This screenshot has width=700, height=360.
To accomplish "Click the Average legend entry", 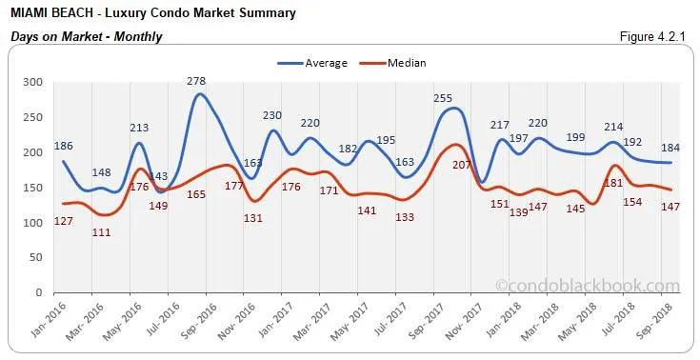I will [x=325, y=63].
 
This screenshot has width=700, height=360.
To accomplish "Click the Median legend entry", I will [x=407, y=63].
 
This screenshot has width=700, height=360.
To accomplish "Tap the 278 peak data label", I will [x=198, y=82].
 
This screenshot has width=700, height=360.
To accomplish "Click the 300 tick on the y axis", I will [x=32, y=83].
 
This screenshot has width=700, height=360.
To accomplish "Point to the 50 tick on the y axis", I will [x=35, y=257].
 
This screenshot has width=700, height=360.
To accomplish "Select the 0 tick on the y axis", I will [x=39, y=292].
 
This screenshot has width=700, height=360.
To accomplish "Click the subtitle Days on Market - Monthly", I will [x=86, y=36].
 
